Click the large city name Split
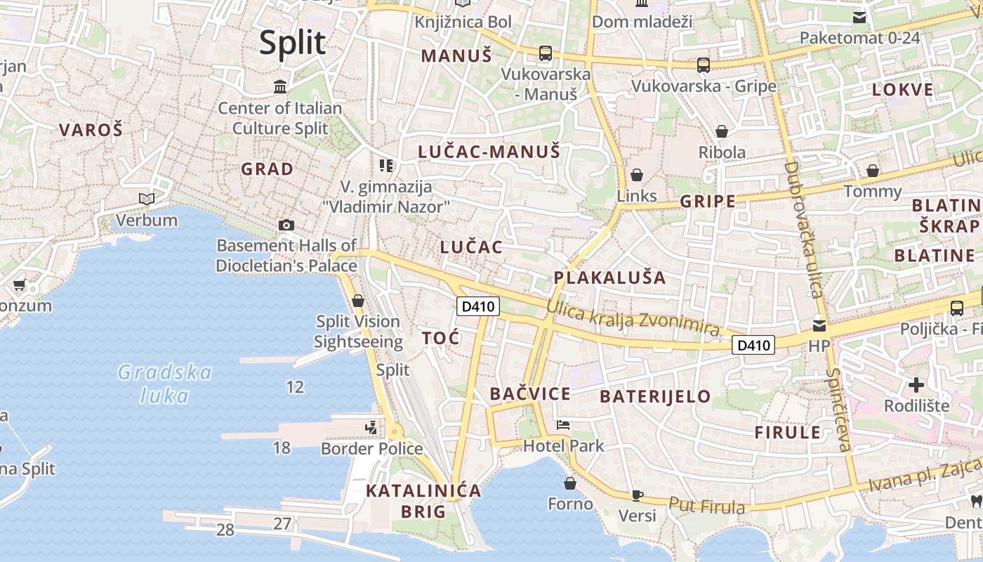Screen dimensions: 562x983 click(x=292, y=43)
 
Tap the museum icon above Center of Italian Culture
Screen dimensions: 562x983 click(x=280, y=87)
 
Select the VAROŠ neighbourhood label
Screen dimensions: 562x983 click(x=91, y=130)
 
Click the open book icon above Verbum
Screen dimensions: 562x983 click(x=147, y=200)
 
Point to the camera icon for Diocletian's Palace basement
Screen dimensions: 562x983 click(x=286, y=225)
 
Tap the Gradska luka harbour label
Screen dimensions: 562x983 click(x=165, y=384)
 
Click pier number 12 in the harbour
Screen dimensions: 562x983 click(x=295, y=386)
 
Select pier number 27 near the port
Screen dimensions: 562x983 click(x=282, y=523)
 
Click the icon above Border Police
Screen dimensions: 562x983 click(x=371, y=427)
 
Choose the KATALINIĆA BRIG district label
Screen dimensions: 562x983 click(x=423, y=501)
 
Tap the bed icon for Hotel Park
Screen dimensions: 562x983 click(x=563, y=424)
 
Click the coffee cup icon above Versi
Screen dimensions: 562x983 click(x=637, y=495)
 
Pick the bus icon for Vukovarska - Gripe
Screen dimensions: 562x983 click(x=703, y=65)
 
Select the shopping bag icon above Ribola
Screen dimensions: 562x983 click(x=721, y=131)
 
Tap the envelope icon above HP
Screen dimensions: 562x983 click(x=819, y=326)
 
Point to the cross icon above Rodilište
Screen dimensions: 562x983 click(x=916, y=385)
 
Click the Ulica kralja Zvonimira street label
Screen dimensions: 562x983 click(x=633, y=318)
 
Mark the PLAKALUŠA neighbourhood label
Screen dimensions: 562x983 click(x=609, y=277)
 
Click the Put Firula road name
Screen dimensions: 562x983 click(x=706, y=505)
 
